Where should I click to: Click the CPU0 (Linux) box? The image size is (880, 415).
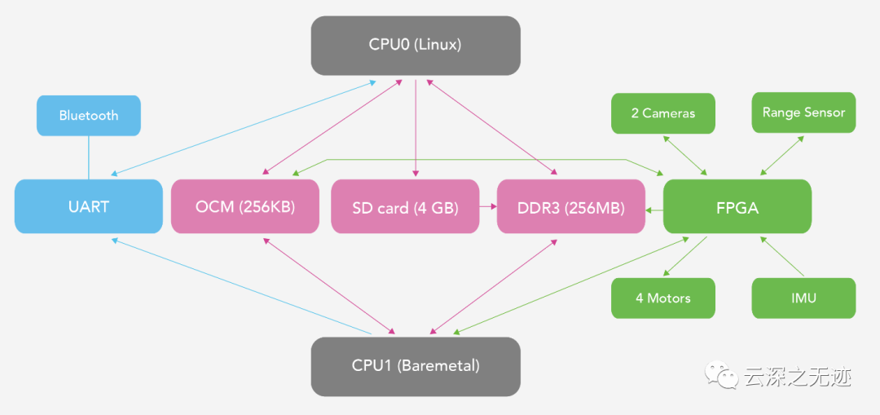[x=416, y=46]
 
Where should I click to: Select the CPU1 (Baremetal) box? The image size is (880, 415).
[x=416, y=366]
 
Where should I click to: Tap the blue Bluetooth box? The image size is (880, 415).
[x=89, y=116]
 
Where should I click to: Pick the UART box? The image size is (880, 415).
[x=89, y=206]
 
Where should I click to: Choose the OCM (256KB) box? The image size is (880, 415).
[x=245, y=206]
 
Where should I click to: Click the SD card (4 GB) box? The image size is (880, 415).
[x=405, y=206]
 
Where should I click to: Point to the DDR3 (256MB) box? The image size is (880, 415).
[x=571, y=206]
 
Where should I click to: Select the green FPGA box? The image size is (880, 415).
[x=737, y=206]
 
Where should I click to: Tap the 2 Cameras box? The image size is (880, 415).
[x=663, y=113]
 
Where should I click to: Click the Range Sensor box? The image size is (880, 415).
[x=803, y=113]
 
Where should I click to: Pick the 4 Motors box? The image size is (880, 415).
[x=663, y=298]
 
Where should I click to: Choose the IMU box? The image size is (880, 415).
[x=803, y=298]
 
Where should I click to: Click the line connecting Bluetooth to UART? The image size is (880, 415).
[x=89, y=158]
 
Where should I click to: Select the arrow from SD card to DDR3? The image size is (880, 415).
[x=488, y=206]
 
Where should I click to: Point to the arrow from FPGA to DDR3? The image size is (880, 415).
[x=654, y=210]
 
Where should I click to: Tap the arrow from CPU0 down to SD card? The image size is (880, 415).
[x=416, y=127]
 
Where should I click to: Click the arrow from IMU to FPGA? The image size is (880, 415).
[x=782, y=256]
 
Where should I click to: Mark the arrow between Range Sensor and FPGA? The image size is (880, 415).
[x=782, y=156]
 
